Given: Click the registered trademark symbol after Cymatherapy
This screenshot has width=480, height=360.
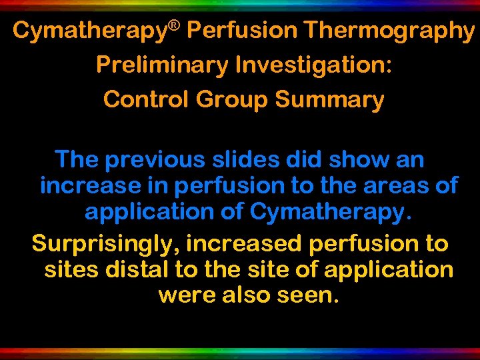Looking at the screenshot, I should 174,26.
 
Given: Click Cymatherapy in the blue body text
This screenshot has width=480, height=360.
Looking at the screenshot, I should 327,213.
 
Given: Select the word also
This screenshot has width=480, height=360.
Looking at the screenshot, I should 242,295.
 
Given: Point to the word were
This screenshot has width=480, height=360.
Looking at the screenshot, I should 185,295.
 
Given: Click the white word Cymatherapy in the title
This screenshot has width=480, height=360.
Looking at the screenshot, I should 89,31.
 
